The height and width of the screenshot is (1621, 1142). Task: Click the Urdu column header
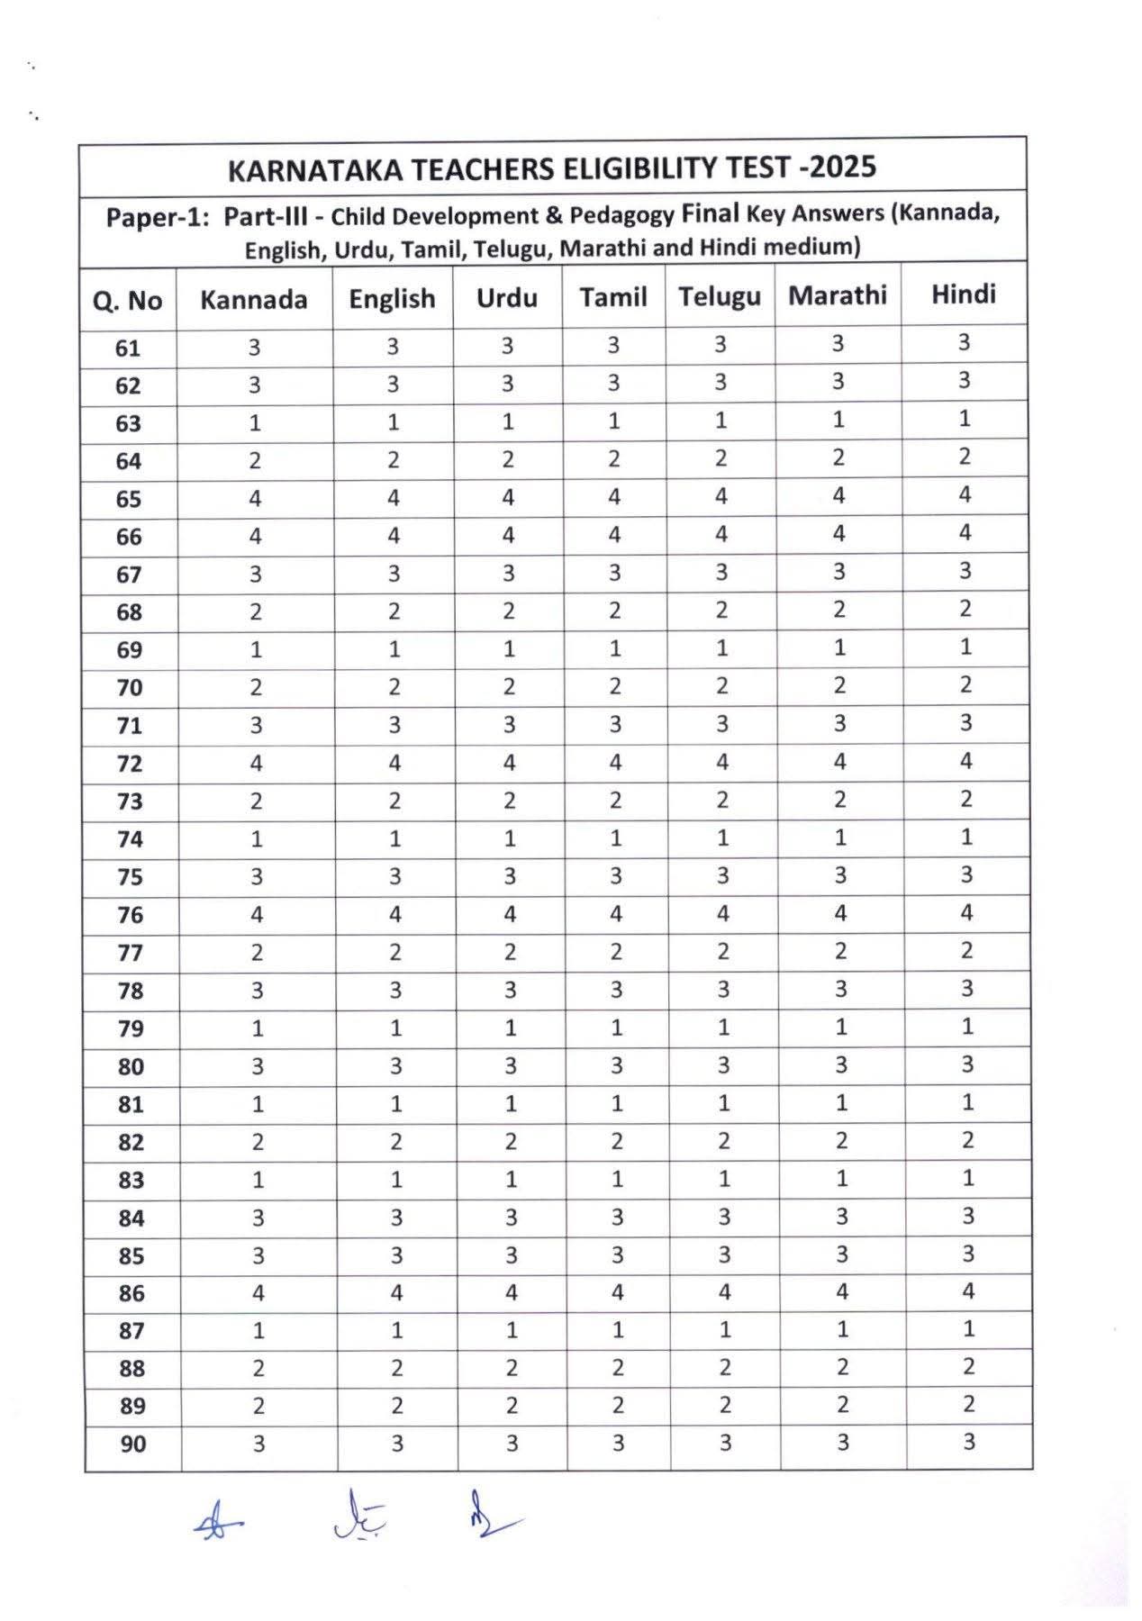pyautogui.click(x=507, y=298)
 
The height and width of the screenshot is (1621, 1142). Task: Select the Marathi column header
pyautogui.click(x=838, y=295)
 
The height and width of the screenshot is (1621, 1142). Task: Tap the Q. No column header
pyautogui.click(x=127, y=300)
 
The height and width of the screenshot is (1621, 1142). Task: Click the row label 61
pyautogui.click(x=128, y=349)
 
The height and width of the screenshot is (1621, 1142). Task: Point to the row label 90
pyautogui.click(x=132, y=1444)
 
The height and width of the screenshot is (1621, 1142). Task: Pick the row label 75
pyautogui.click(x=130, y=877)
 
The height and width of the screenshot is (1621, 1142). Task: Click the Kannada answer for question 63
pyautogui.click(x=255, y=423)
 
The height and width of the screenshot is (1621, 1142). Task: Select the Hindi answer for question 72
pyautogui.click(x=965, y=761)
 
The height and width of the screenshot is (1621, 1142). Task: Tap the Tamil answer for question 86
pyautogui.click(x=617, y=1292)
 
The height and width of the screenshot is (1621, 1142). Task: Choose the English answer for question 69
pyautogui.click(x=394, y=649)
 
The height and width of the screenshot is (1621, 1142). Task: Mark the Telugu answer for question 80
pyautogui.click(x=723, y=1065)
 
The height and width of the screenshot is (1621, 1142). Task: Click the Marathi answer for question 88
pyautogui.click(x=841, y=1367)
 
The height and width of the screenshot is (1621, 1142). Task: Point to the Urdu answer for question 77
pyautogui.click(x=510, y=952)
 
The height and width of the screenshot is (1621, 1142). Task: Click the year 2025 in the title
pyautogui.click(x=842, y=167)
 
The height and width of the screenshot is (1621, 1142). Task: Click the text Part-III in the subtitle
pyautogui.click(x=267, y=217)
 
